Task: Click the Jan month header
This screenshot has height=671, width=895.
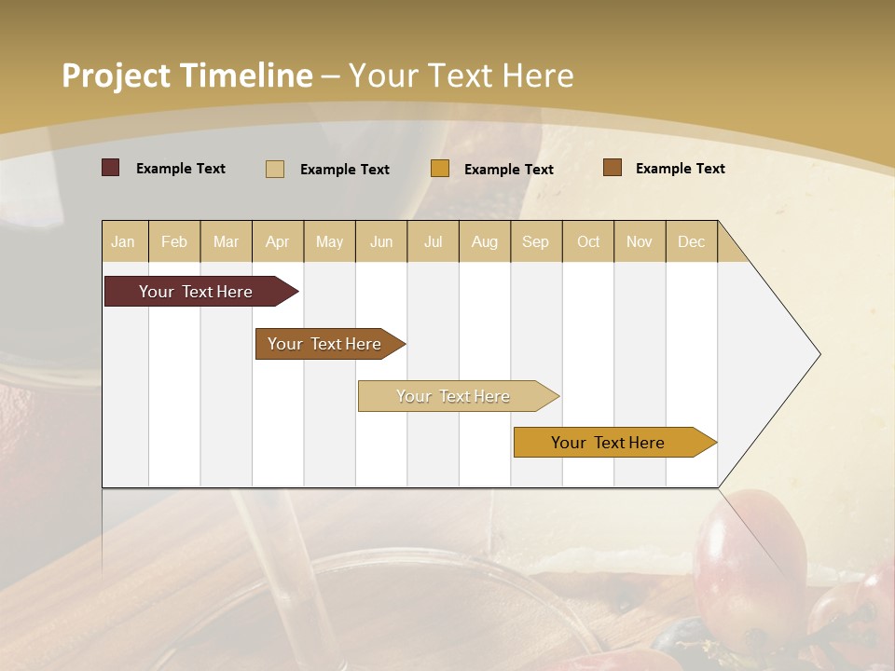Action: [x=123, y=241]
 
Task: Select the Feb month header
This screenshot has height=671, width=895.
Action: [x=174, y=241]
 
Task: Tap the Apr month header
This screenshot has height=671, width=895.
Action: [x=277, y=241]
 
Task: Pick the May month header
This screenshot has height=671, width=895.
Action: [x=329, y=241]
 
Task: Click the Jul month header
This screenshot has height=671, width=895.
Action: [x=433, y=241]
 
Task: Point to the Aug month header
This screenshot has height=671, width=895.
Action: [x=485, y=241]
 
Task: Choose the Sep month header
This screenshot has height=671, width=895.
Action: [x=535, y=241]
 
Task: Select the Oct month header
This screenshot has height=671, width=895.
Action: [x=588, y=241]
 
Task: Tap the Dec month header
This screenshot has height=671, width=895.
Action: [x=691, y=241]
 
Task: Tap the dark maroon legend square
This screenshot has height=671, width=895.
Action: [x=111, y=168]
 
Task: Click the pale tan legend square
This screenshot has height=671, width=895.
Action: [x=274, y=169]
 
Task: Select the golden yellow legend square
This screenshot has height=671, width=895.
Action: [x=440, y=169]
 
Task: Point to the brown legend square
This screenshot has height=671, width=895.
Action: [x=613, y=168]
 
